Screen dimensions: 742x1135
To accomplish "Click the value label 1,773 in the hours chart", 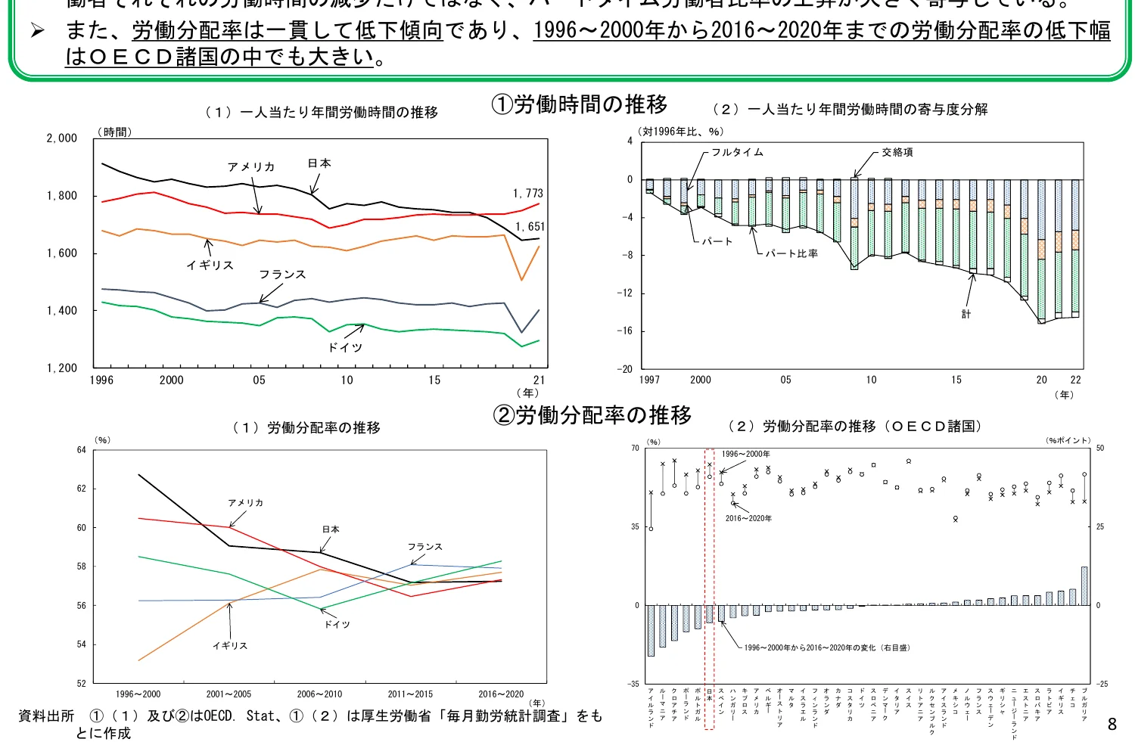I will (527, 194).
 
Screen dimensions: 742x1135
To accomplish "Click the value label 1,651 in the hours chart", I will (530, 227).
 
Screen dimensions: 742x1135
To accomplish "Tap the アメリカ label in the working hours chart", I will (251, 167).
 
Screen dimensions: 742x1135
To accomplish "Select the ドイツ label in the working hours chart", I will (345, 347).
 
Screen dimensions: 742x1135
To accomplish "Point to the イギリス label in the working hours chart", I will (210, 265).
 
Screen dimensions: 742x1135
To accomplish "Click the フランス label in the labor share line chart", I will (424, 547).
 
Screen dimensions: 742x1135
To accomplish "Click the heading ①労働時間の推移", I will (579, 104).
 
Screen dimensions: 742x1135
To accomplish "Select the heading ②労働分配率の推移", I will (592, 415).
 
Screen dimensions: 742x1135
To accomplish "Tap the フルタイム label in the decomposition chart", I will (737, 152).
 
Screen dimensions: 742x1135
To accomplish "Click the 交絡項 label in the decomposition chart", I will (897, 152).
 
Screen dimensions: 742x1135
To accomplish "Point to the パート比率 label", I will (791, 253).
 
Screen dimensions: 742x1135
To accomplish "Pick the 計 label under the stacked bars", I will (966, 314).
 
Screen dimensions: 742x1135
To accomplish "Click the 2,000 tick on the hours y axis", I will (62, 138).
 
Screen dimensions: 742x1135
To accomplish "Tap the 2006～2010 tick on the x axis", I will (319, 694).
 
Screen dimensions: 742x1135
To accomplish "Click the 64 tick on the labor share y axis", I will (81, 450).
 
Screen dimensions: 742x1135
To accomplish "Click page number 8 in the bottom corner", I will (1112, 724).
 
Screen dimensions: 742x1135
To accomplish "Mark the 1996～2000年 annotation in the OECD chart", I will (745, 455).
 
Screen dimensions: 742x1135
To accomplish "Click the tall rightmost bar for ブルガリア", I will (1084, 586).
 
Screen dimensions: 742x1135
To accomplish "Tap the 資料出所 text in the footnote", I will (46, 716).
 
